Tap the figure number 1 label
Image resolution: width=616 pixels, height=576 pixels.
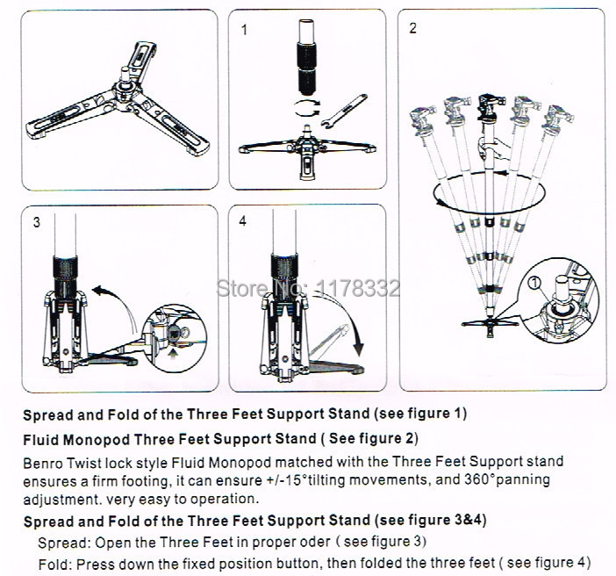coord(244,30)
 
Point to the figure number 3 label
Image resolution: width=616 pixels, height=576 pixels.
coord(36,221)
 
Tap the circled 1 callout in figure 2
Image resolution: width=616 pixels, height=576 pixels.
coord(534,283)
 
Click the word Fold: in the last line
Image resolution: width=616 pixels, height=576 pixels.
coord(55,561)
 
